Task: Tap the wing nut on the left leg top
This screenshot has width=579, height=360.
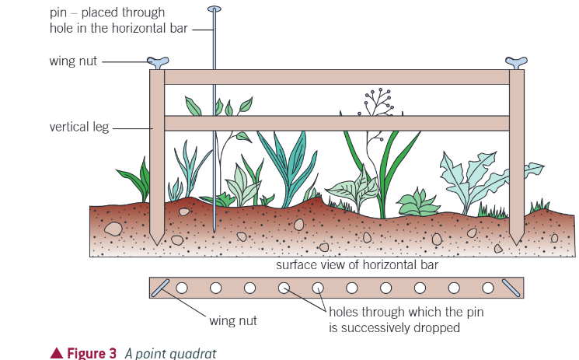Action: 158,61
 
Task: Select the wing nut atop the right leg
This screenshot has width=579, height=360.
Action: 517,61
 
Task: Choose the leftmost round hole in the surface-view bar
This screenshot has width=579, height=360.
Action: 182,288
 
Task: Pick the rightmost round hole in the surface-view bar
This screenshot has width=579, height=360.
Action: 487,288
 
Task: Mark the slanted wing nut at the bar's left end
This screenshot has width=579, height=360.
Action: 161,288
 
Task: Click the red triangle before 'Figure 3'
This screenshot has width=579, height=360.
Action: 56,353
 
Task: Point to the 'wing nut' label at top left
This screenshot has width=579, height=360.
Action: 72,61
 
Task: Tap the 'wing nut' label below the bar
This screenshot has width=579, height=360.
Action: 233,320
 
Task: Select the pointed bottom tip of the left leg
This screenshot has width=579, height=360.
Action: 158,241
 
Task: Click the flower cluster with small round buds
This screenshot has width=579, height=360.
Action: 378,100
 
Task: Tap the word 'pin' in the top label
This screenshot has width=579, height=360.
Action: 56,12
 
